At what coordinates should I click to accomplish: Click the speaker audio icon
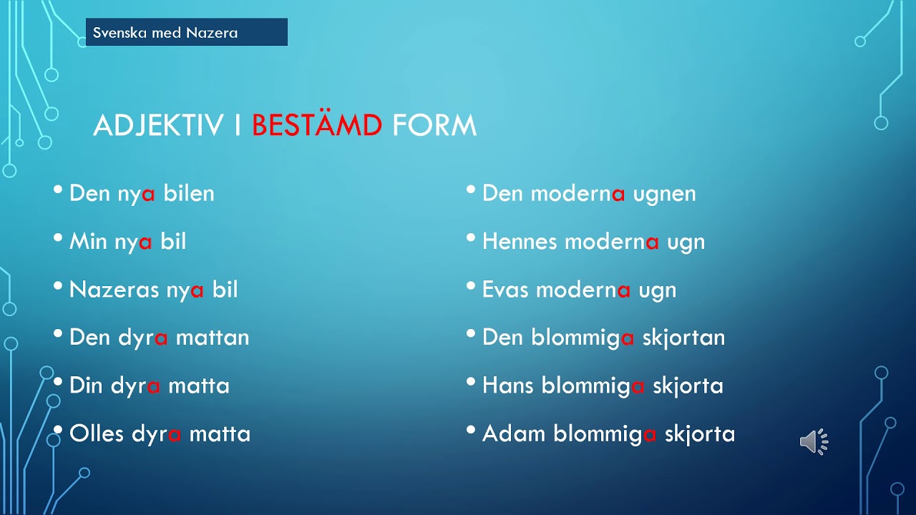click(814, 442)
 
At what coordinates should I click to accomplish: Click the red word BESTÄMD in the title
click(317, 124)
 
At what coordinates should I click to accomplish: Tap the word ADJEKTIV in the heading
click(158, 124)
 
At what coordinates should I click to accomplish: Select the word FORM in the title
click(434, 124)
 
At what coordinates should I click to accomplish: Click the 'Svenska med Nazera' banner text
click(165, 33)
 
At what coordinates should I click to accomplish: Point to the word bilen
click(189, 193)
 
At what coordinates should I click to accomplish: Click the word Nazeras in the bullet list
click(114, 290)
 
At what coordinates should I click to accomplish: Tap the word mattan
click(213, 338)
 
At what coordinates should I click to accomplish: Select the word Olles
click(97, 433)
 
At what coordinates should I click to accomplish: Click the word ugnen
click(664, 194)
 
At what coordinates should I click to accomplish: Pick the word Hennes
click(520, 241)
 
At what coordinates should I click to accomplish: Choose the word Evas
click(505, 290)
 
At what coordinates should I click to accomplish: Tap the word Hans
click(508, 386)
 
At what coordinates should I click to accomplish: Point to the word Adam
click(514, 433)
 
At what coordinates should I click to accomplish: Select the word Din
click(86, 386)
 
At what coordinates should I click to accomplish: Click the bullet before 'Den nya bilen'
click(58, 190)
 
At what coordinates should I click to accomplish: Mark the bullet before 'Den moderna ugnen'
click(471, 190)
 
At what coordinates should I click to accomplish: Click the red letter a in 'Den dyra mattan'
click(161, 338)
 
